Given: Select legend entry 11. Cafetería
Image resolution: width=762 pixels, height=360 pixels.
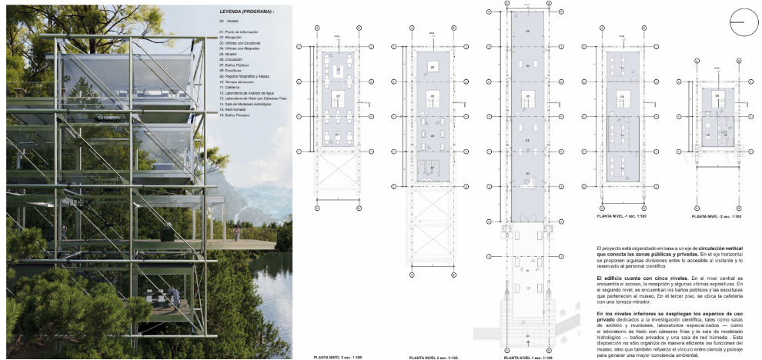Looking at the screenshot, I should pyautogui.click(x=230, y=87).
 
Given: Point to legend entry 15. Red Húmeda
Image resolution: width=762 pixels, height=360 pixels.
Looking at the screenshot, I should pyautogui.click(x=232, y=109).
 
